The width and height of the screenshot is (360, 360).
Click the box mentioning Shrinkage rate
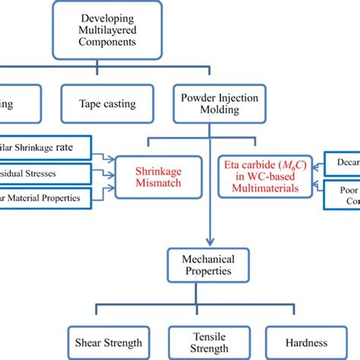click(46, 147)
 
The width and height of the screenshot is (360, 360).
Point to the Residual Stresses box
click(46, 173)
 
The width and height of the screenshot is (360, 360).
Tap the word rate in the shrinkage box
click(78, 147)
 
